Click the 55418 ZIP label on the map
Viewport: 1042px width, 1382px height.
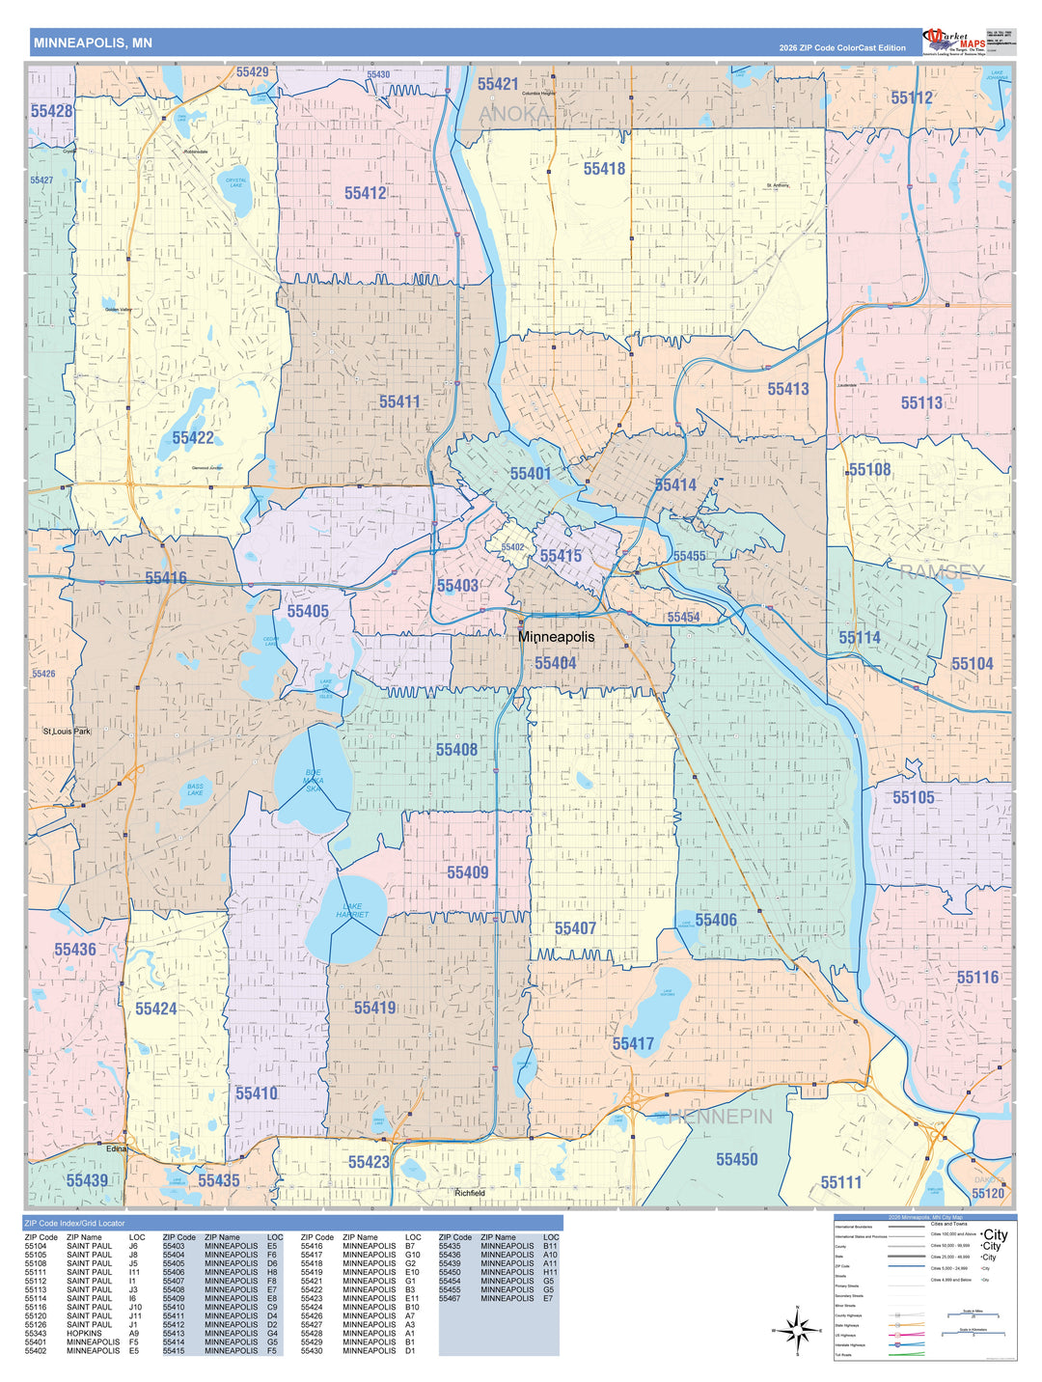click(x=604, y=169)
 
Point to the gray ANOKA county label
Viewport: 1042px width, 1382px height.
click(x=514, y=114)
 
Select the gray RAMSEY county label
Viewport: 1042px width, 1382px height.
click(x=942, y=572)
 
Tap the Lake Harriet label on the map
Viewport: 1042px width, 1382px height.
click(x=352, y=910)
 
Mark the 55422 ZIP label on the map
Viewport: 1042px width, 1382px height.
click(x=193, y=438)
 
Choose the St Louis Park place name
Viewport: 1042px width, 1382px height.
click(x=67, y=732)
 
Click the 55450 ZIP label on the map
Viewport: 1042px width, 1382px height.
click(x=736, y=1159)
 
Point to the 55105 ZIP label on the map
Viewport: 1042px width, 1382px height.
click(x=913, y=797)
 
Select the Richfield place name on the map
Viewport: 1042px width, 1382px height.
click(x=470, y=1194)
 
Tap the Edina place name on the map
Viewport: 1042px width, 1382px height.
click(x=116, y=1149)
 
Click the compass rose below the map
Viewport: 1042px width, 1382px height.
click(x=797, y=1332)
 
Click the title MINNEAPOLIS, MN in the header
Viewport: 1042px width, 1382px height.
click(x=93, y=43)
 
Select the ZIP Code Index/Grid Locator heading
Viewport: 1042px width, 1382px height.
click(x=74, y=1223)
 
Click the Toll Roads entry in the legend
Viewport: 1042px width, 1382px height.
click(x=845, y=1355)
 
